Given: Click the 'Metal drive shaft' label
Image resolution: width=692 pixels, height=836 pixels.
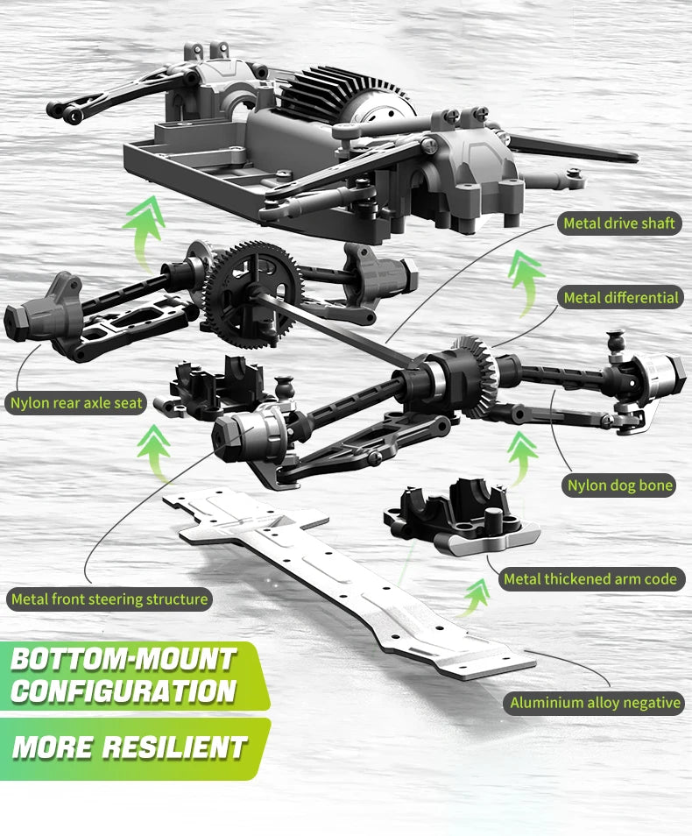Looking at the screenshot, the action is pos(619,223).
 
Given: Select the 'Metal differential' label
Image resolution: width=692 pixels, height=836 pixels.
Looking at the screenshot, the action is pos(620,297).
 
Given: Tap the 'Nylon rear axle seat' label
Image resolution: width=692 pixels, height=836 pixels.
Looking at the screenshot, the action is pos(76,402).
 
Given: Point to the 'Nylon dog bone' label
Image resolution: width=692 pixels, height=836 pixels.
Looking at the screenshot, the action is pos(619,485).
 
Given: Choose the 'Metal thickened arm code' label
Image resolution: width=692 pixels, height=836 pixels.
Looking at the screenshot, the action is pos(590,579).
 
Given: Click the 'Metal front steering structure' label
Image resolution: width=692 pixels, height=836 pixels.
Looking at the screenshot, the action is pos(109,599).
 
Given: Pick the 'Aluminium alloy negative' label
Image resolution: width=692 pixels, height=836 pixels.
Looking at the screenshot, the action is pos(595,703).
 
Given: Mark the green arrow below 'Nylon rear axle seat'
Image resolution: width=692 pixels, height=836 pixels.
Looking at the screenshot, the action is pos(154,453).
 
